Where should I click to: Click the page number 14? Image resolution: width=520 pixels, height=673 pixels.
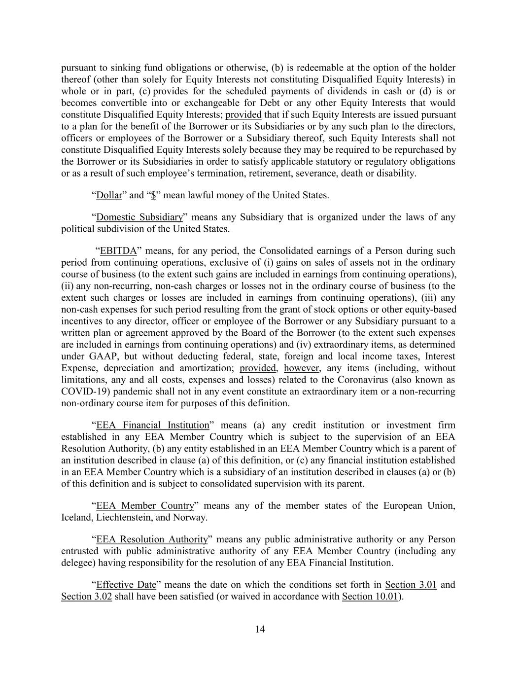[260, 629]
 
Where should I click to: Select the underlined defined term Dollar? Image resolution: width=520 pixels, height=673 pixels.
[109, 195]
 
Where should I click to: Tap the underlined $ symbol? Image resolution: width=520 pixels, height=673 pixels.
[153, 195]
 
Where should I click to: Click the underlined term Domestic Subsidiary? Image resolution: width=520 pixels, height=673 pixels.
[139, 217]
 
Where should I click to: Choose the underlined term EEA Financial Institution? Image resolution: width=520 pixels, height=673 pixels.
[153, 425]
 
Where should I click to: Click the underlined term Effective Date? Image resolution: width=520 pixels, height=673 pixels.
[126, 585]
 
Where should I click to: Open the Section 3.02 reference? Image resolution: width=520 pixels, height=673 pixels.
[87, 597]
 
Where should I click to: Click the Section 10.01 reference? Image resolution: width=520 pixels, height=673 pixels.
[370, 597]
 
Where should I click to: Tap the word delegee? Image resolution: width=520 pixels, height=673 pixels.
[79, 563]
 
